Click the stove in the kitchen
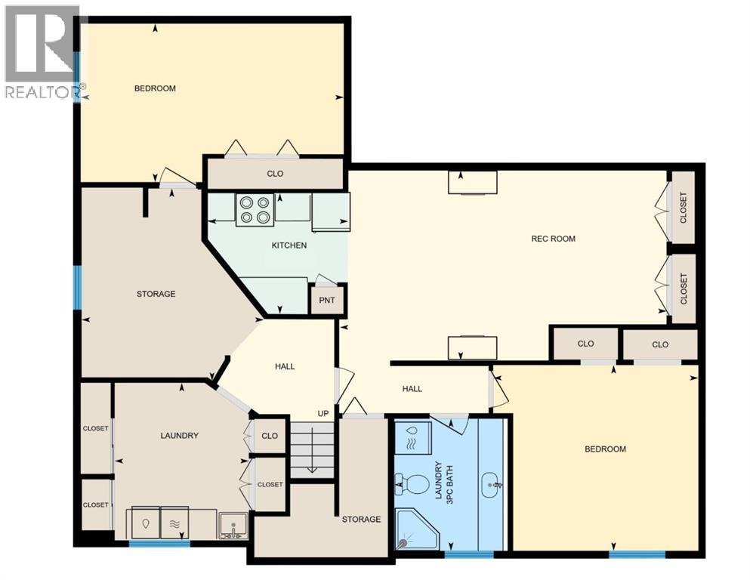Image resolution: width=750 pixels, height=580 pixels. pyautogui.click(x=255, y=209)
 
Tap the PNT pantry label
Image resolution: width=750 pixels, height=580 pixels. pyautogui.click(x=328, y=301)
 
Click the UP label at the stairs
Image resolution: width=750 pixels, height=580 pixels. pyautogui.click(x=323, y=414)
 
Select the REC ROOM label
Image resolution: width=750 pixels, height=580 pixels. pyautogui.click(x=553, y=239)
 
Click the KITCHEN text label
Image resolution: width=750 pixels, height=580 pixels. pyautogui.click(x=289, y=245)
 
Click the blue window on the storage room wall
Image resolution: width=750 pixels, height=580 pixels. pyautogui.click(x=77, y=287)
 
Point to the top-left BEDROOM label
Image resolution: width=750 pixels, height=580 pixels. pyautogui.click(x=155, y=88)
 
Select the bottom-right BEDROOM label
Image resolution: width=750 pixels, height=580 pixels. pyautogui.click(x=605, y=449)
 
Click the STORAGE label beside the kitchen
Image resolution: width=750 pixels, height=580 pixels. pyautogui.click(x=156, y=294)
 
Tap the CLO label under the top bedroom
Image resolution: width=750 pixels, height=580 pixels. pyautogui.click(x=275, y=174)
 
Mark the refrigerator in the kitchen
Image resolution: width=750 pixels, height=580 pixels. pyautogui.click(x=330, y=211)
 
